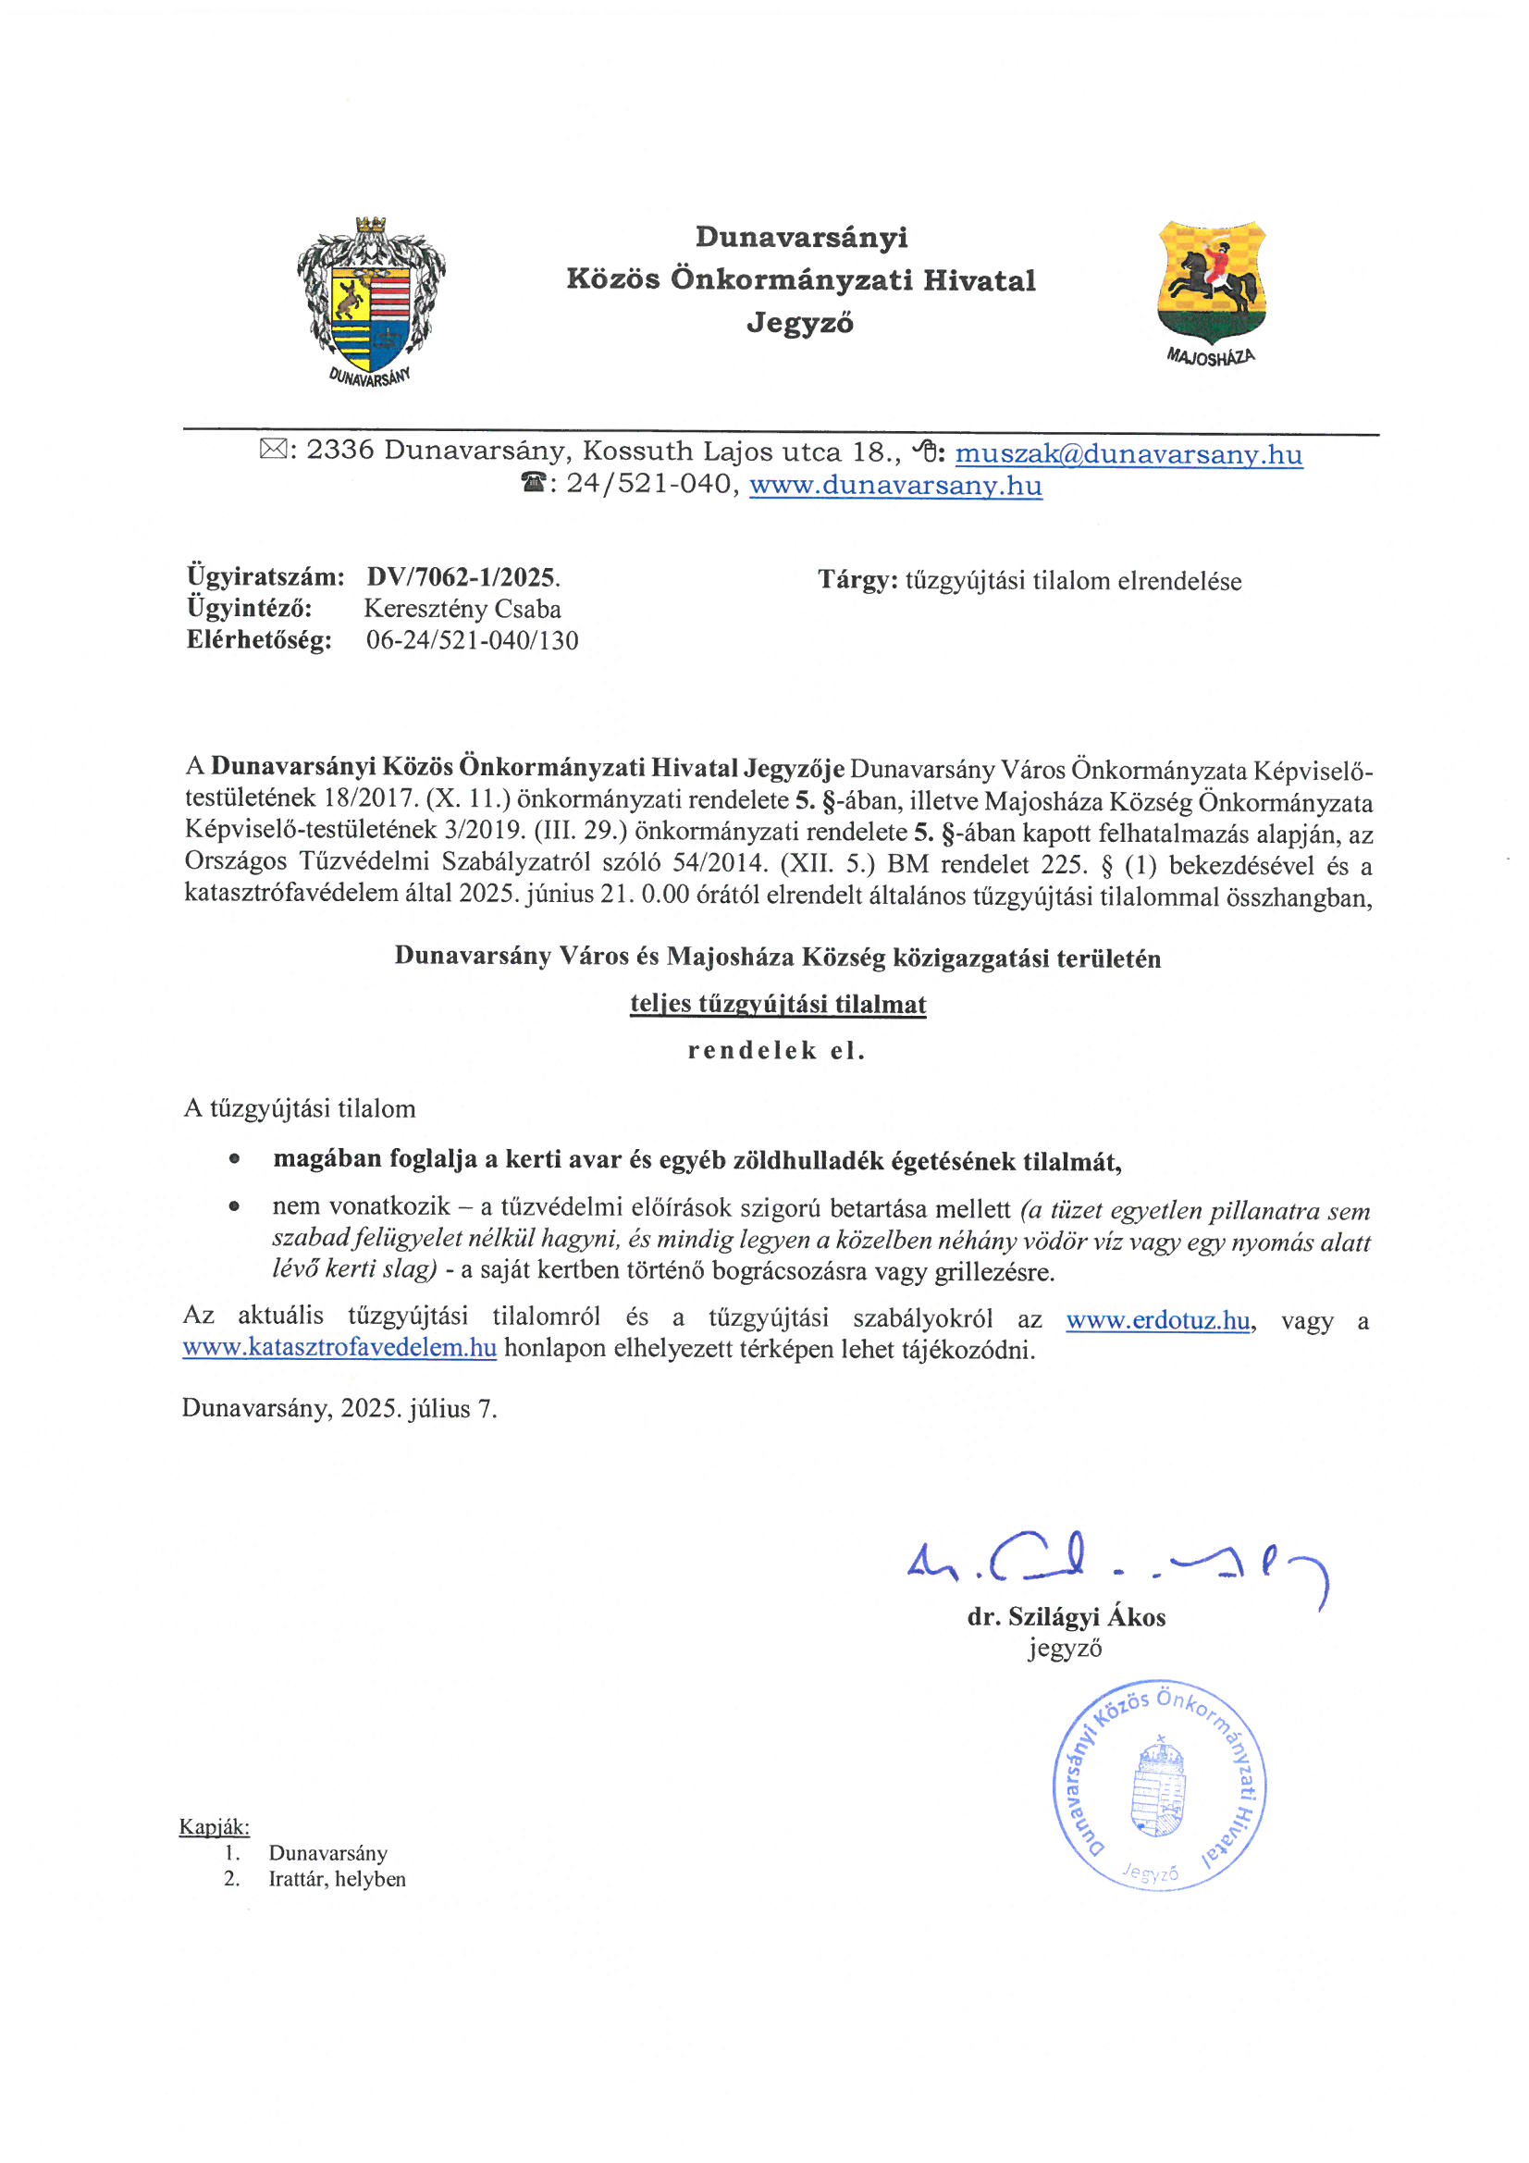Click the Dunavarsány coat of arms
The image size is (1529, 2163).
pyautogui.click(x=370, y=300)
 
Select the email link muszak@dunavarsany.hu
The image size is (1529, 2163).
pyautogui.click(x=1128, y=454)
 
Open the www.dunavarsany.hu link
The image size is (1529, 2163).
pyautogui.click(x=895, y=485)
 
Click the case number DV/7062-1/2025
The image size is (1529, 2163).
pyautogui.click(x=462, y=576)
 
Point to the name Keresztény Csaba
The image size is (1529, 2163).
pyautogui.click(x=462, y=609)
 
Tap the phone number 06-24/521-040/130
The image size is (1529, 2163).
pyautogui.click(x=472, y=640)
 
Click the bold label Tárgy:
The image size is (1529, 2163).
pyautogui.click(x=857, y=580)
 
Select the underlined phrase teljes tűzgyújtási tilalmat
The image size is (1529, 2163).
pyautogui.click(x=777, y=1005)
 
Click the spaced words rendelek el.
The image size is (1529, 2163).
pyautogui.click(x=776, y=1050)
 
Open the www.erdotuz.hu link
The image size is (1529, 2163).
pyautogui.click(x=1158, y=1320)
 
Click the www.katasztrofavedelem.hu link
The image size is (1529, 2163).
pyautogui.click(x=339, y=1347)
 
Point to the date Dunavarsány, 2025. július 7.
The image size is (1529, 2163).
pyautogui.click(x=339, y=1408)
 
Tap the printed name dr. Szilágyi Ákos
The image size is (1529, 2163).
pyautogui.click(x=1066, y=1616)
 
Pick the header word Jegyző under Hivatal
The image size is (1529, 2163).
pyautogui.click(x=800, y=323)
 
